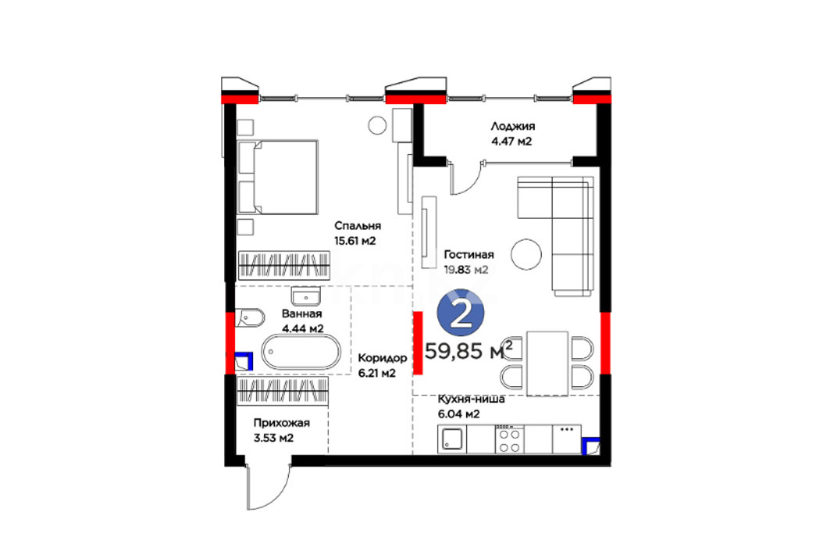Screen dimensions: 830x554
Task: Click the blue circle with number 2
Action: click(461, 313)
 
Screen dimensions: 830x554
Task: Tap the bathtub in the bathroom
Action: click(301, 351)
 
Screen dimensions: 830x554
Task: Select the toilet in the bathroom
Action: click(249, 318)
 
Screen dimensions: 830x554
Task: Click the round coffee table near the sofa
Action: click(526, 254)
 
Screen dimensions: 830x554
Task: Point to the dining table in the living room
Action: click(547, 363)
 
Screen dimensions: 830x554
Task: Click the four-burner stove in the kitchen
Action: click(509, 440)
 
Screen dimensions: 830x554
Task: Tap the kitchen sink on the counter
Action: click(452, 440)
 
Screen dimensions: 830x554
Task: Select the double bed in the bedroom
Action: click(278, 177)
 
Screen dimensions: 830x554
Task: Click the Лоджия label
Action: click(513, 126)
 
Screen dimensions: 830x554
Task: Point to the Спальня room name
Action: click(358, 226)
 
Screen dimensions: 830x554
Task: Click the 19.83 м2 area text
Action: click(466, 270)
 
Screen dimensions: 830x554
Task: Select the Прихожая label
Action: click(282, 423)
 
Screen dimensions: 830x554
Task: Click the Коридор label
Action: click(383, 358)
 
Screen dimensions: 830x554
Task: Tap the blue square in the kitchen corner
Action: click(591, 446)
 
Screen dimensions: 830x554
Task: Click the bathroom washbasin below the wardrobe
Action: click(306, 296)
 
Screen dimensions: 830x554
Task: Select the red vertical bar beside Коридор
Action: click(418, 343)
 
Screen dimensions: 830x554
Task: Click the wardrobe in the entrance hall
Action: click(283, 391)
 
